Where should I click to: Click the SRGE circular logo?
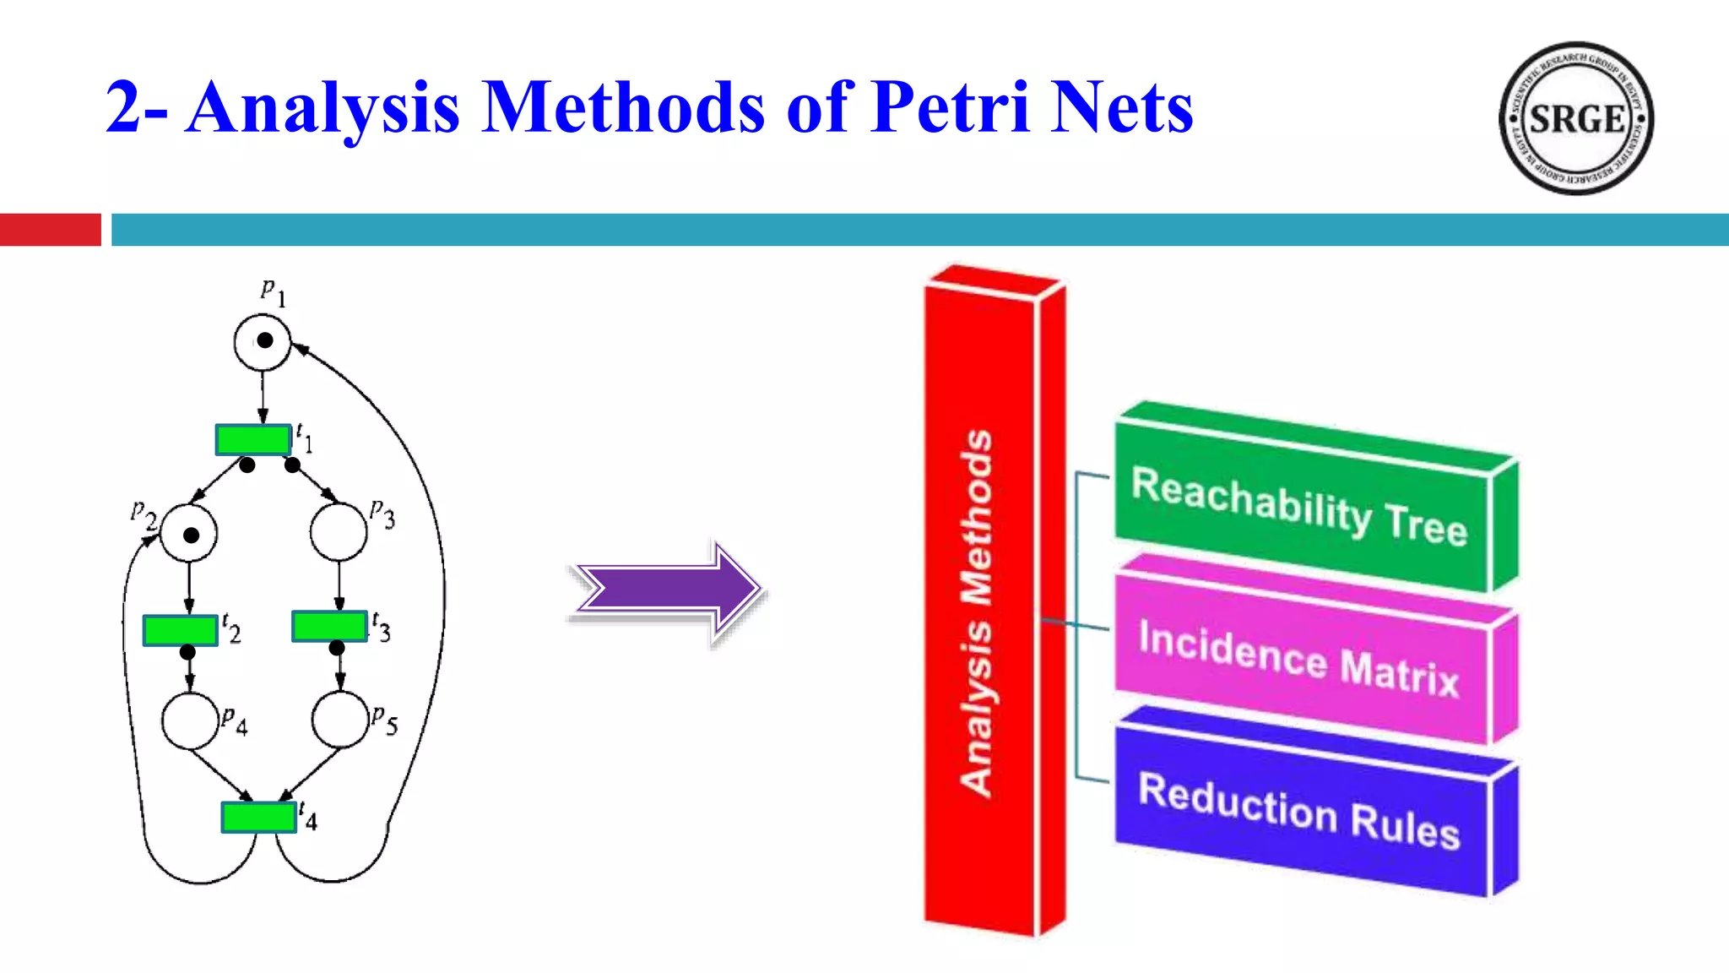coord(1575,118)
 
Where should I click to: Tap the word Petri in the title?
coord(950,108)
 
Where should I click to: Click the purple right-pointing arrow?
coord(667,590)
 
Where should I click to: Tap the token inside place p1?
coord(265,340)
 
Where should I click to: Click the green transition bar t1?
coord(253,439)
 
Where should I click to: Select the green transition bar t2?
coord(181,630)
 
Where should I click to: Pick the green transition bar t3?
coord(329,626)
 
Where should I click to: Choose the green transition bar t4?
coord(258,817)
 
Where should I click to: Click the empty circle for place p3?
coord(339,532)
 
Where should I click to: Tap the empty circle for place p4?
coord(190,720)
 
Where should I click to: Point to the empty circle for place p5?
coord(339,720)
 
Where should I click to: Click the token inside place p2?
coord(192,535)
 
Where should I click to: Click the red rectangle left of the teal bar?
coord(50,230)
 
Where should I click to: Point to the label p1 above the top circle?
coord(273,292)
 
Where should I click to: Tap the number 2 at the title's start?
coord(123,108)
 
